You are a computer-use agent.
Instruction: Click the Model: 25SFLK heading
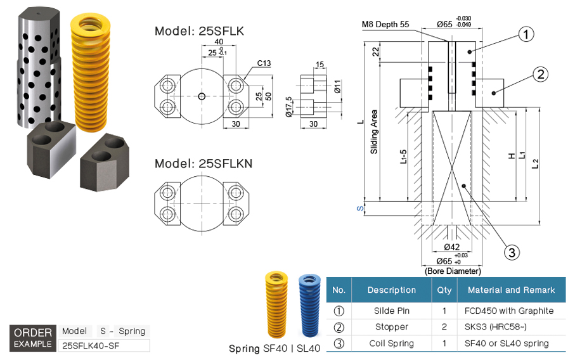point(200,30)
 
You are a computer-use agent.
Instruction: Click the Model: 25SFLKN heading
point(204,164)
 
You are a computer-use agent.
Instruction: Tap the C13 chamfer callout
point(264,63)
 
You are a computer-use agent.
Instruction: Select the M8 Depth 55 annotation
point(385,25)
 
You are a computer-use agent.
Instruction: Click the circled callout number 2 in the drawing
point(539,74)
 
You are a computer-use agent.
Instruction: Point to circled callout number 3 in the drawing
point(512,252)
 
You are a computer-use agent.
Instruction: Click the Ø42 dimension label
point(451,247)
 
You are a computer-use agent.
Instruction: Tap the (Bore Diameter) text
point(452,271)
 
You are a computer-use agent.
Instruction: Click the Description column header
point(391,290)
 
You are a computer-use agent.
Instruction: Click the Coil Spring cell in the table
point(391,344)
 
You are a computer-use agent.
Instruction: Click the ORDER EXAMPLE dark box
point(32,338)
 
